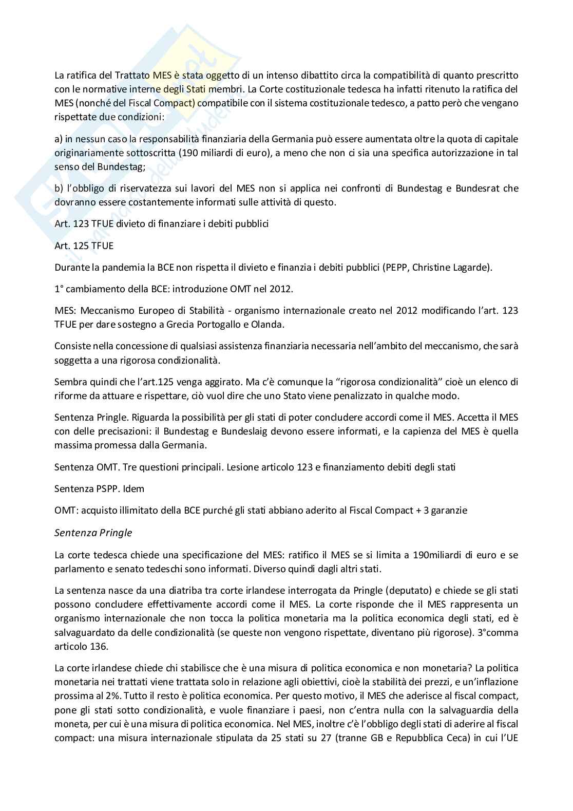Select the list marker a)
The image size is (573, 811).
tap(59, 139)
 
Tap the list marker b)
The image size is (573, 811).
tap(59, 188)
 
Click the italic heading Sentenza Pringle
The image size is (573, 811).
tap(93, 533)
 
